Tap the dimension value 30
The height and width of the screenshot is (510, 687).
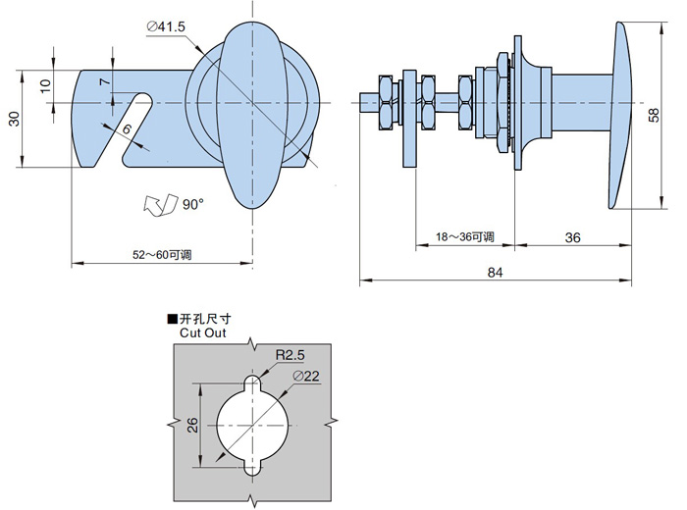click(x=14, y=119)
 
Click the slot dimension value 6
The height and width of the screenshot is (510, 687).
click(x=127, y=128)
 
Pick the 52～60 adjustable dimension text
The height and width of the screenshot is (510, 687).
click(x=162, y=255)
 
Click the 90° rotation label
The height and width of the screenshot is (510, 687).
click(x=192, y=204)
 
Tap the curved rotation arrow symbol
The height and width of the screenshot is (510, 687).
click(x=158, y=205)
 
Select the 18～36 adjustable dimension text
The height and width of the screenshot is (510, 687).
click(x=464, y=237)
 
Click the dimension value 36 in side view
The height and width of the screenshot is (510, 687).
click(x=574, y=237)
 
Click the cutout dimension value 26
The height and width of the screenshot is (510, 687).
click(x=192, y=425)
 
